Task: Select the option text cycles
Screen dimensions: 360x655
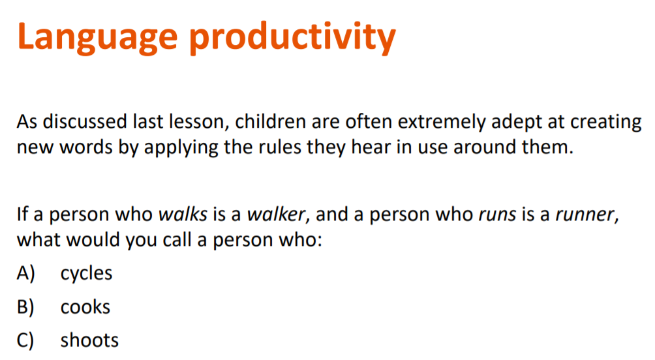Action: pos(86,273)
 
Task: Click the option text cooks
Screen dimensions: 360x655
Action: pos(85,307)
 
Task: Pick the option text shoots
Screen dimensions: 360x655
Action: pos(89,340)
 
